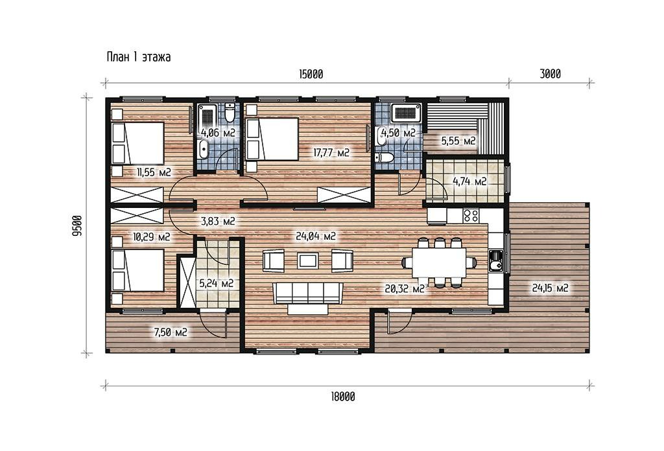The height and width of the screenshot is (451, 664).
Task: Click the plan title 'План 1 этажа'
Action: [139, 56]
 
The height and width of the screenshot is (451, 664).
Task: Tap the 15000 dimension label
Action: [311, 75]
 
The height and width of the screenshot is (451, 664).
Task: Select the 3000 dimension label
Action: [550, 74]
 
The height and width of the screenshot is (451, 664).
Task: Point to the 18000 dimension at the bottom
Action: [342, 397]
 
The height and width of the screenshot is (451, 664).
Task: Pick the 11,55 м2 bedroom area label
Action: [153, 172]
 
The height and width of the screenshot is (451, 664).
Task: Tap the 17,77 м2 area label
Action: [331, 153]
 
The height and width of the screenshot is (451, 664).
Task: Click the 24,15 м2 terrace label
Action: [550, 288]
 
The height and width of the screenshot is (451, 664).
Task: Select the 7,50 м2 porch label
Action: [171, 332]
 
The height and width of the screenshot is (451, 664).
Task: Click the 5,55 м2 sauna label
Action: [458, 141]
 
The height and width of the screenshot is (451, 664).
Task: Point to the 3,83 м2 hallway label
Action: [218, 221]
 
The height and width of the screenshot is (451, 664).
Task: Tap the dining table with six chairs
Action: [439, 262]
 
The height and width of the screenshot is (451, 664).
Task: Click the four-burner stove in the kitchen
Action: [471, 215]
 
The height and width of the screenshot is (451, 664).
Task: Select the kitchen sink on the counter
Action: [495, 261]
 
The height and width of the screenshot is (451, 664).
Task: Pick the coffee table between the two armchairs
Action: [308, 260]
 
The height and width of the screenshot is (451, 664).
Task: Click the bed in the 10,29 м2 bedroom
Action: [137, 270]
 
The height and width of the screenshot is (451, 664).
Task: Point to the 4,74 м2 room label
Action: [469, 181]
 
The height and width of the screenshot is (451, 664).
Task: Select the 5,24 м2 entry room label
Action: [217, 283]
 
